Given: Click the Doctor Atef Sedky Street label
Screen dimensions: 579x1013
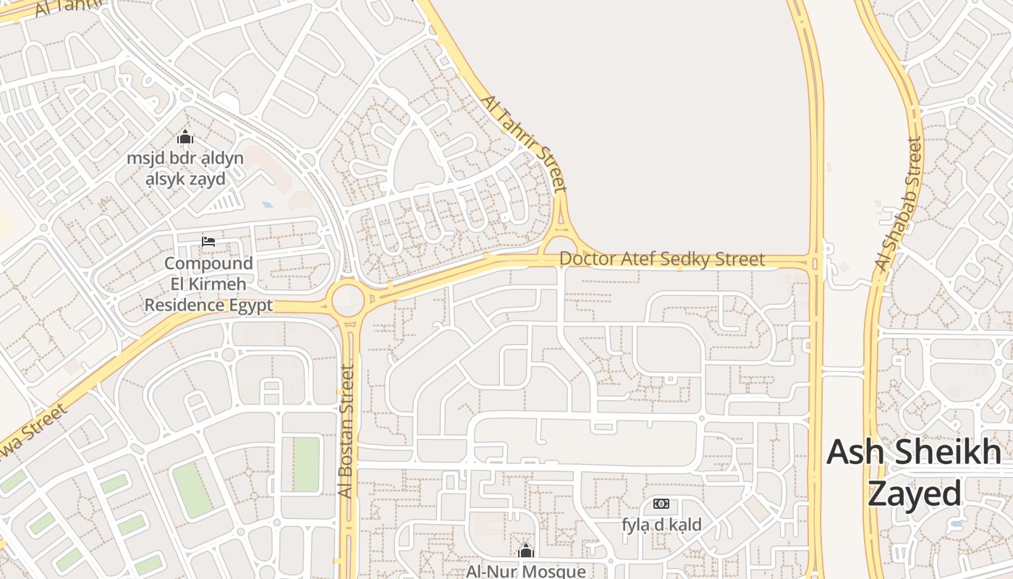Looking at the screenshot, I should (661, 259).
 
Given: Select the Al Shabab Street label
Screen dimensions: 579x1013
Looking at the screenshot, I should (899, 204).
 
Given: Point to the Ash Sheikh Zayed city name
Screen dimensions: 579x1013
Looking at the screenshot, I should (914, 473).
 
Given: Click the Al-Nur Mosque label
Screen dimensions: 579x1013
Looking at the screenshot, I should (526, 571).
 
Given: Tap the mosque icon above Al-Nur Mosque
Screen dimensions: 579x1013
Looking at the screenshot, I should (526, 551).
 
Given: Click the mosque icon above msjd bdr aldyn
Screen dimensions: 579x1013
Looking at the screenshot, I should (185, 137).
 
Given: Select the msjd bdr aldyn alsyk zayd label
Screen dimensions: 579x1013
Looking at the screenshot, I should (185, 168).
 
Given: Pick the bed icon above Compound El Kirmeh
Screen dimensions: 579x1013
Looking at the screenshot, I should (208, 241).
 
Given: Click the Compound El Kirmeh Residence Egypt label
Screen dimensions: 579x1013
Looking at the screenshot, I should (208, 284).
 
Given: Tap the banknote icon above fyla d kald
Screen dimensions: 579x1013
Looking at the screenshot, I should (661, 504).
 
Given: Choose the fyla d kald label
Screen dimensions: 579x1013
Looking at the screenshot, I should (661, 525).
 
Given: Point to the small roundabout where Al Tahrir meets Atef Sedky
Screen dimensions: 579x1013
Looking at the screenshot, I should (561, 247).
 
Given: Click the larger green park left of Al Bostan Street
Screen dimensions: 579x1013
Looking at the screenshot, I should (192, 490).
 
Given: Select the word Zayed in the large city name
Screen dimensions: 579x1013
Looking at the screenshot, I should (914, 494).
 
